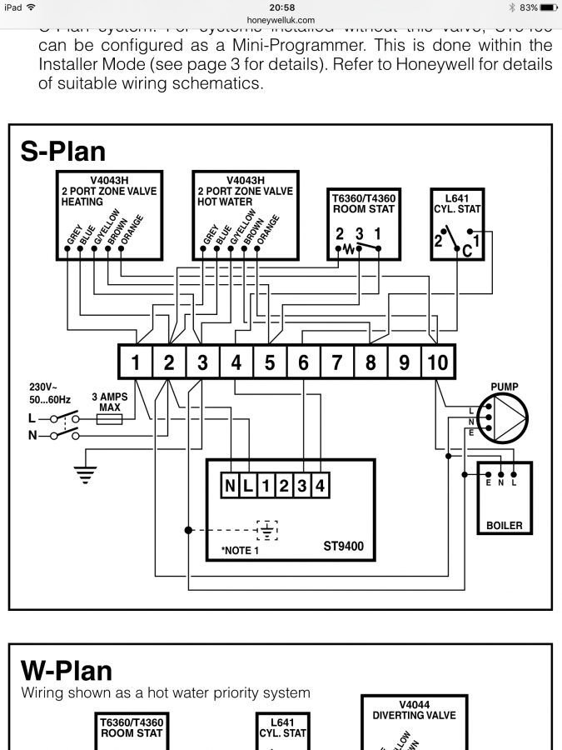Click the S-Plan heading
63,151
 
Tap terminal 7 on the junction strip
337,362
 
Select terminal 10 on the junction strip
437,362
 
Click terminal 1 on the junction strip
135,362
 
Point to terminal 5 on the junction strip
270,362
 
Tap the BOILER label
505,526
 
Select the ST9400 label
344,547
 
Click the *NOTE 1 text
240,551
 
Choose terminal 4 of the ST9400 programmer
319,485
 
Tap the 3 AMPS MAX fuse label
110,402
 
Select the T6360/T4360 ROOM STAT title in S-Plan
364,203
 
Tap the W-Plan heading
66,670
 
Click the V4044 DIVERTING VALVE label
414,709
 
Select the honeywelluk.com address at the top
281,19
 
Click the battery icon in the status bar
549,7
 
